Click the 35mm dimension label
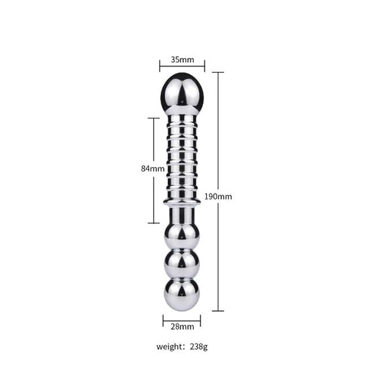pyautogui.click(x=182, y=60)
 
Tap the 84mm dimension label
pyautogui.click(x=149, y=169)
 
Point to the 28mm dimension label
pyautogui.click(x=182, y=327)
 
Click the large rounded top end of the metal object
pyautogui.click(x=182, y=93)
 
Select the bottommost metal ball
pyautogui.click(x=182, y=294)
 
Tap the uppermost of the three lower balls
pyautogui.click(x=182, y=235)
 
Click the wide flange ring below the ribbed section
pyautogui.click(x=182, y=202)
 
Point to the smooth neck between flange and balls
pyautogui.click(x=182, y=215)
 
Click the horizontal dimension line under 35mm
pyautogui.click(x=182, y=66)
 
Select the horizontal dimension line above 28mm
pyautogui.click(x=182, y=317)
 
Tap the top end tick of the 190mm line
pyautogui.click(x=218, y=72)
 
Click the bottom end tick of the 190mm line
pyautogui.click(x=218, y=311)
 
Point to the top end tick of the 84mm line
pyautogui.click(x=154, y=118)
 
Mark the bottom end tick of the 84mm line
pyautogui.click(x=154, y=223)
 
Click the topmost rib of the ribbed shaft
pyautogui.click(x=182, y=120)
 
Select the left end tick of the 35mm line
pyautogui.click(x=160, y=66)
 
